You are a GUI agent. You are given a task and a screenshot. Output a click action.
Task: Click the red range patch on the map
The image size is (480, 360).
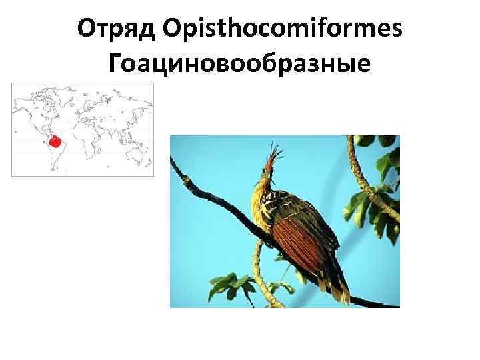click(x=56, y=142)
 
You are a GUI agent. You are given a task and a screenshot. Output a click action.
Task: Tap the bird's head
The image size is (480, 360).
click(x=265, y=177)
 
